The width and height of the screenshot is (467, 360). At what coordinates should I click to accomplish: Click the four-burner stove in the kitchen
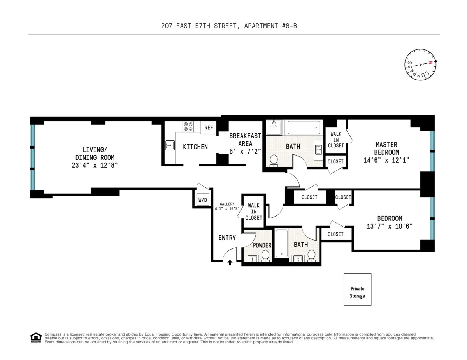click(x=188, y=126)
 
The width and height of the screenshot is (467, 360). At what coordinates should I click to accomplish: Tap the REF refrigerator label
click(x=209, y=128)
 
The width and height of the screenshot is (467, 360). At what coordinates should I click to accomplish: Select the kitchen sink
click(x=170, y=146)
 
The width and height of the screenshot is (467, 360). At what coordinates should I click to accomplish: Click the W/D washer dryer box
click(x=203, y=200)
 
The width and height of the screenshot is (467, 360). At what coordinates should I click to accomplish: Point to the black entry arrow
click(x=230, y=262)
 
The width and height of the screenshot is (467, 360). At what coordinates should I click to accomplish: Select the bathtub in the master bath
click(x=304, y=128)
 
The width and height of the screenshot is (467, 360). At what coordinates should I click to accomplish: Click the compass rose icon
click(x=420, y=65)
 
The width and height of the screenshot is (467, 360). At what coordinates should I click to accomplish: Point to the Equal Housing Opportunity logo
click(x=36, y=338)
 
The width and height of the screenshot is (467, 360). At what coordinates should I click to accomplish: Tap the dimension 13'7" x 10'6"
click(x=390, y=226)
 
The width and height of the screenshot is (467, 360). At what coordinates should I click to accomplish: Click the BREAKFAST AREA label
click(x=245, y=140)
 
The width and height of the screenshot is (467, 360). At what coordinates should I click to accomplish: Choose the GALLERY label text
click(x=227, y=204)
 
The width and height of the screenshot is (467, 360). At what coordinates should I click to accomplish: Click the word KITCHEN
click(x=195, y=147)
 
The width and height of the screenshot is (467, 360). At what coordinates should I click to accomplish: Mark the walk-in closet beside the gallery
click(x=253, y=211)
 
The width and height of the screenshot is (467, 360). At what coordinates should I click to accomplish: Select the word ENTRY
click(x=227, y=238)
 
